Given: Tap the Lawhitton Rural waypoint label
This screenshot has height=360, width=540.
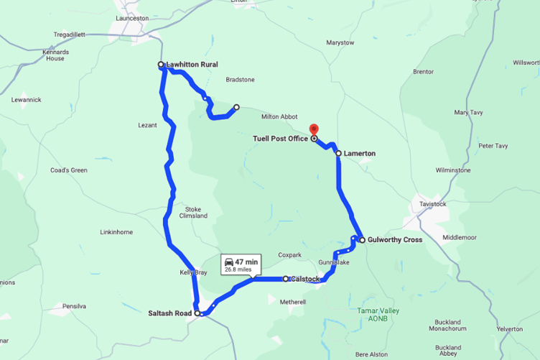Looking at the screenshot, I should coord(192,65).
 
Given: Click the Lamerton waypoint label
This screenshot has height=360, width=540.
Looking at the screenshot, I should coord(360,154).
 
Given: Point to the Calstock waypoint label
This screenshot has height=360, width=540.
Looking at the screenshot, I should coord(306,279).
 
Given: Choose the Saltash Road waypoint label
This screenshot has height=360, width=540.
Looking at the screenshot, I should coord(170,313).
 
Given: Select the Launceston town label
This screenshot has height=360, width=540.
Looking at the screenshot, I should coord(131,17).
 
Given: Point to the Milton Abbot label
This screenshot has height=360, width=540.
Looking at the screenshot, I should coord(279,116).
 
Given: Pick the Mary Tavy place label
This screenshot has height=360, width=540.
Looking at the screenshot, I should coord(471,112).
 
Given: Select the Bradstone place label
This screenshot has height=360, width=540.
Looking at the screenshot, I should coord(240,80).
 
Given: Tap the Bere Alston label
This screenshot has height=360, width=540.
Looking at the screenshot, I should coord(371,354).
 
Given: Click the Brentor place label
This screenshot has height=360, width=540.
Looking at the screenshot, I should coord(423,72).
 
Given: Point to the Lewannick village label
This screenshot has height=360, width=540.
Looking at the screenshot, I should coord(26,99).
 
